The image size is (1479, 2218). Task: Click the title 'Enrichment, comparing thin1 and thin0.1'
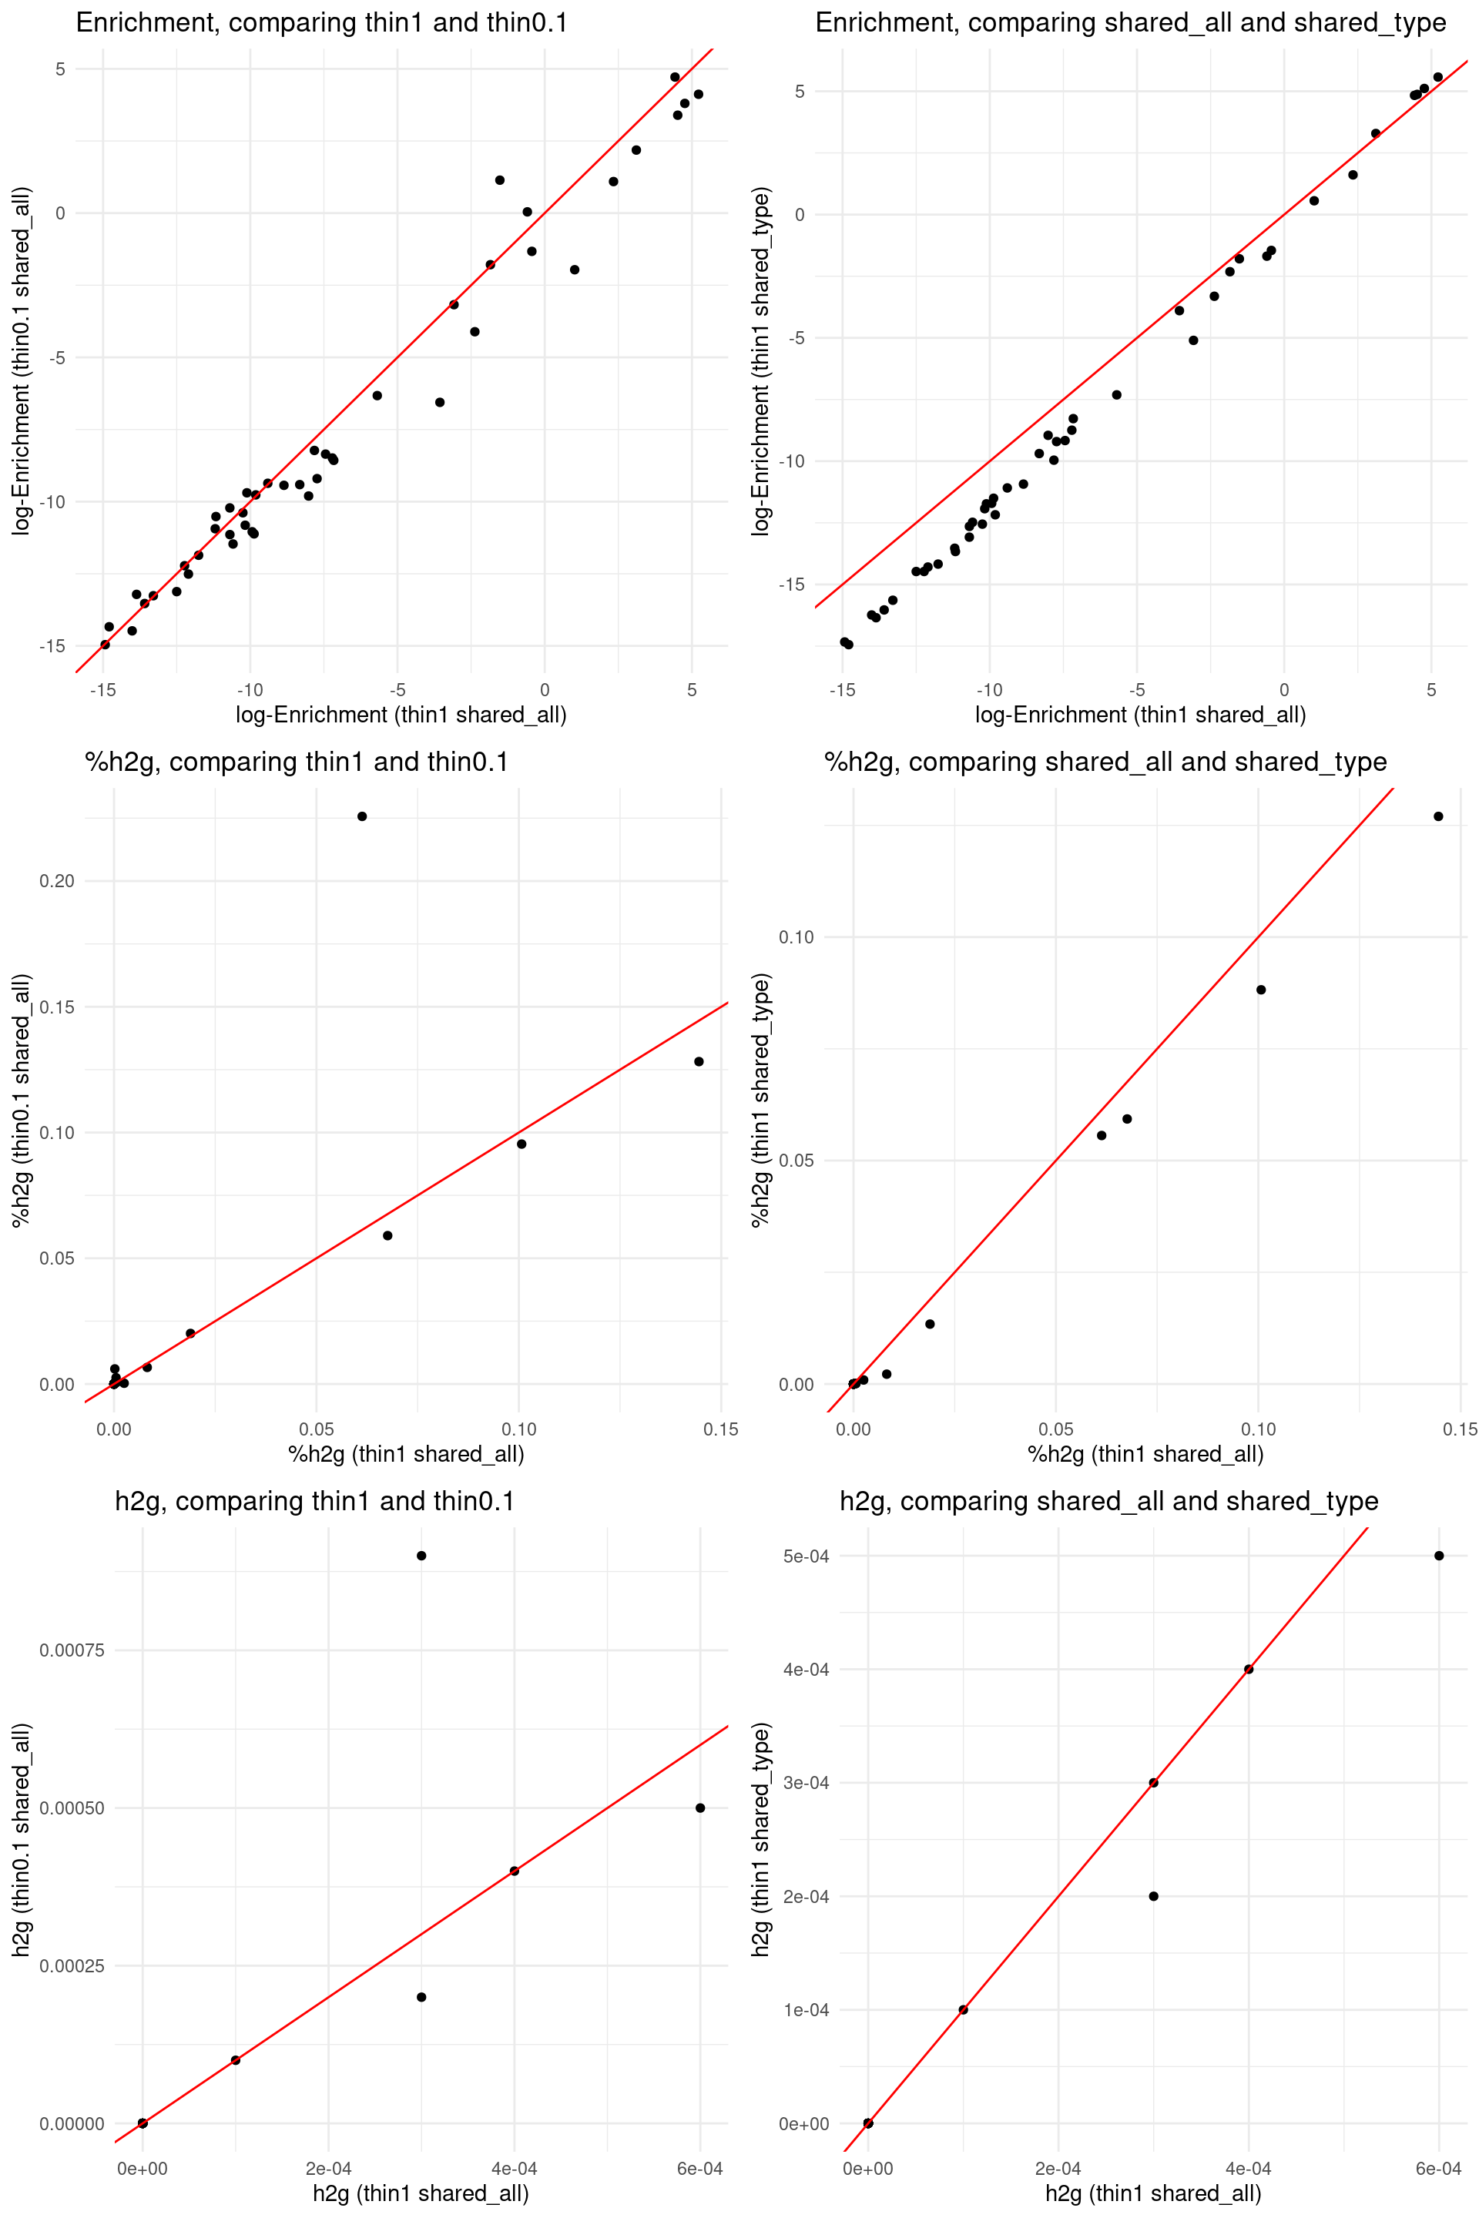(x=322, y=22)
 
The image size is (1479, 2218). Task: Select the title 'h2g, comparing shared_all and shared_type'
(x=1108, y=1501)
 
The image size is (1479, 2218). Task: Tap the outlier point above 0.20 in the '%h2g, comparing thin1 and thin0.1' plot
(x=362, y=816)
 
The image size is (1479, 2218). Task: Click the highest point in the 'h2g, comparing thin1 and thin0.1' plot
(x=421, y=1556)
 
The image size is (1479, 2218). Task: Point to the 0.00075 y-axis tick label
(x=72, y=1650)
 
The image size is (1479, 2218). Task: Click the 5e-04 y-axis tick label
(x=806, y=1556)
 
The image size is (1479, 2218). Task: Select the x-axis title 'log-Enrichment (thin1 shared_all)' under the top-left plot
(x=401, y=715)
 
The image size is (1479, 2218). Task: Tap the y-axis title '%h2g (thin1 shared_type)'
(x=760, y=1100)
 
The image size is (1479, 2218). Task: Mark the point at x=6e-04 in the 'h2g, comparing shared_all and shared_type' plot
(x=1438, y=1556)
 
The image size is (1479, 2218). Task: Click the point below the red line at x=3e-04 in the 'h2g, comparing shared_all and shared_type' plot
(x=1154, y=1896)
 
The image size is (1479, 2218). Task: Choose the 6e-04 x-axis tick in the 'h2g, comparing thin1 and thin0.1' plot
(x=700, y=2169)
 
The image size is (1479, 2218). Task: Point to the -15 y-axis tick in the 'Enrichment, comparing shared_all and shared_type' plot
(x=790, y=585)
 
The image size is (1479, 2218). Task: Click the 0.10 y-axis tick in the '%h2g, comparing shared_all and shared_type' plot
(x=796, y=936)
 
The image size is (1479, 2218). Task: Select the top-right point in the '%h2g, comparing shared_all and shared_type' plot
(x=1438, y=816)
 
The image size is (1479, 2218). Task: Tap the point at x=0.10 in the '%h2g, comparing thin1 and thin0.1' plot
(x=522, y=1144)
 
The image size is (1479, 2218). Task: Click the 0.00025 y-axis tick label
(x=72, y=1966)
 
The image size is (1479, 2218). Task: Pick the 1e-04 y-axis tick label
(x=806, y=2009)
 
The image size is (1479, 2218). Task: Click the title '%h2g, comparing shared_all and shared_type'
(x=1105, y=762)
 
